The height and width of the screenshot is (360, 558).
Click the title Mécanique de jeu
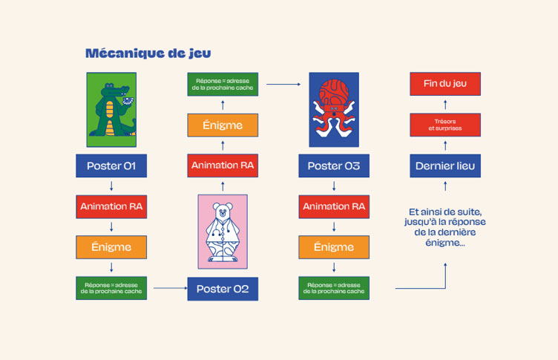point(148,53)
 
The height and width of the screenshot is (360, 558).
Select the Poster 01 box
point(111,166)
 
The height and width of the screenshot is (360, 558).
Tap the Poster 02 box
point(223,289)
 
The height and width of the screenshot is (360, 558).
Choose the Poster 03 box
point(334,166)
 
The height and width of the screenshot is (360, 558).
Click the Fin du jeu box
point(445,84)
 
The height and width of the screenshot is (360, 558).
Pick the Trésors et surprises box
point(445,125)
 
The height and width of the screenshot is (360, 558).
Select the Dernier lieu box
point(445,166)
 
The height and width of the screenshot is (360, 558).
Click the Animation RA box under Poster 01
point(111,206)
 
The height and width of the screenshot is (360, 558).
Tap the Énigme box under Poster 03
point(334,247)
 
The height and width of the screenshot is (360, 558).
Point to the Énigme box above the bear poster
point(223,125)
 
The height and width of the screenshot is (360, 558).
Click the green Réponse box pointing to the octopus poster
point(223,85)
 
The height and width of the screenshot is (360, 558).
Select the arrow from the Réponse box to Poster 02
point(171,288)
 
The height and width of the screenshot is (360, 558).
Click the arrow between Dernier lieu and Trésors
point(445,145)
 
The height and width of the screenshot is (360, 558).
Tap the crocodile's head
point(111,90)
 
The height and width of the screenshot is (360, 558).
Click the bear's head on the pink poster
point(223,210)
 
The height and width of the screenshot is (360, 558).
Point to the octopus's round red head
point(334,91)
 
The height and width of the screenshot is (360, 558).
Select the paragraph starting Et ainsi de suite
point(444,227)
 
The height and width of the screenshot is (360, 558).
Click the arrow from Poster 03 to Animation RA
point(334,186)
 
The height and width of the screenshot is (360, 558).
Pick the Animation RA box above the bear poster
point(223,166)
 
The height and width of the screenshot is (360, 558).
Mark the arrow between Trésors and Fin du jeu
point(445,105)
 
